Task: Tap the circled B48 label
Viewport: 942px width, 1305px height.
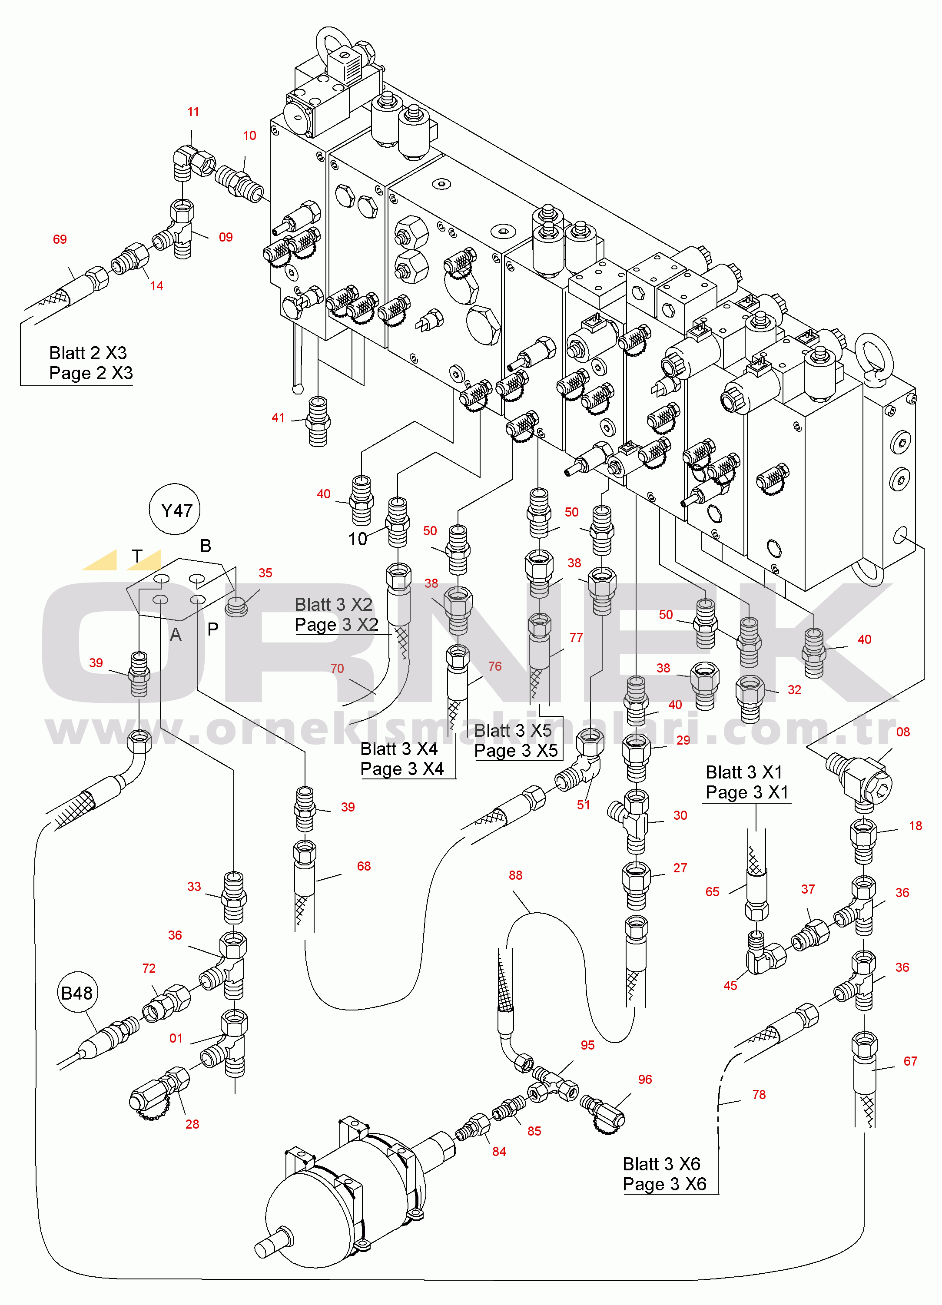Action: (x=76, y=993)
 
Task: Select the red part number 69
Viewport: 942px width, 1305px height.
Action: (x=60, y=239)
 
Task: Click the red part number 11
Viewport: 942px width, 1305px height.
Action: (x=193, y=112)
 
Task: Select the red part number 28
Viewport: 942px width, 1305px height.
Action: (x=192, y=1124)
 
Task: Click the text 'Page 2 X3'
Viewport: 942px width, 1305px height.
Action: (x=91, y=373)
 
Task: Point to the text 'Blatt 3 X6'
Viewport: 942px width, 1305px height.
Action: (x=662, y=1163)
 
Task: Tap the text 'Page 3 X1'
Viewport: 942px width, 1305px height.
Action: (x=747, y=792)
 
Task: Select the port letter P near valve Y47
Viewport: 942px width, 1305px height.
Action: (x=213, y=629)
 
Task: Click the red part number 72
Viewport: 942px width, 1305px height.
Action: (x=149, y=968)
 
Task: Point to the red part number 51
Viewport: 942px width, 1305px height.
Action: (x=584, y=805)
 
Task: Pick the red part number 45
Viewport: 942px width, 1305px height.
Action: (x=730, y=986)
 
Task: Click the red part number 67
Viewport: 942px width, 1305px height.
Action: (x=910, y=1061)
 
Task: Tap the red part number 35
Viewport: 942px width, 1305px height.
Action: (x=265, y=573)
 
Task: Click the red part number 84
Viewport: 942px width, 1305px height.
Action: (x=499, y=1151)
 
